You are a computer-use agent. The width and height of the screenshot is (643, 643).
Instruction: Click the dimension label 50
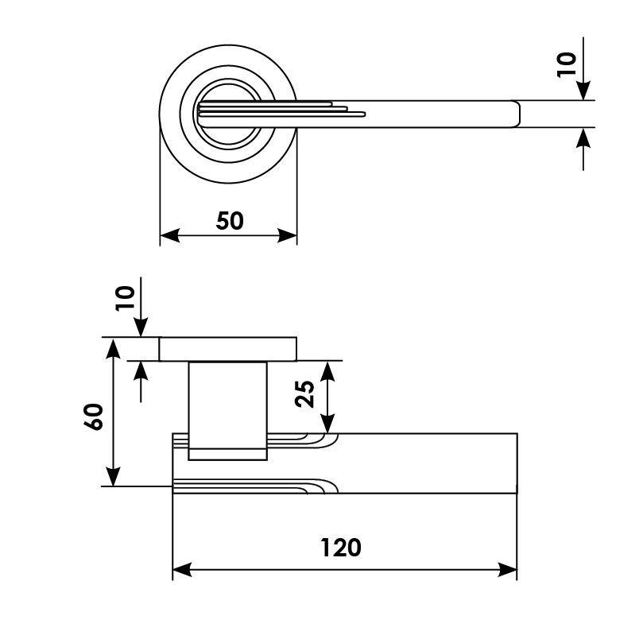tap(230, 221)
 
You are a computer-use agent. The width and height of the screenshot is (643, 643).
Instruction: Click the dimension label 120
tap(340, 548)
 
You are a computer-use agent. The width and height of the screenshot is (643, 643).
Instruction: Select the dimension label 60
tap(94, 416)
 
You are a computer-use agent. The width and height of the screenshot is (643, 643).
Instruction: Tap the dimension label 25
tap(304, 394)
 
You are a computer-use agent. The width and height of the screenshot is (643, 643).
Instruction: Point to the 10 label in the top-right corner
tap(567, 64)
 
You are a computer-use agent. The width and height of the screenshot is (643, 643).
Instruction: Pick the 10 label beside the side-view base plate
tap(125, 298)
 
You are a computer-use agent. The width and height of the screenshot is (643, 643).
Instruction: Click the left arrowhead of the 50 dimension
tap(170, 235)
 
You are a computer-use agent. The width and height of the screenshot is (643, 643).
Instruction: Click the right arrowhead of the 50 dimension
tap(287, 235)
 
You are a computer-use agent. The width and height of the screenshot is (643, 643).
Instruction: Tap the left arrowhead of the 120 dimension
tap(183, 570)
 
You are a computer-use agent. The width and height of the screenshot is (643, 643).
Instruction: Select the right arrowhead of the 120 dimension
tap(507, 570)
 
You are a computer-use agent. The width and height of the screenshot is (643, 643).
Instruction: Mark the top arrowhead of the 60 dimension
tap(113, 348)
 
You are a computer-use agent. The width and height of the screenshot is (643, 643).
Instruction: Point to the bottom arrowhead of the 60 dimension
tap(113, 476)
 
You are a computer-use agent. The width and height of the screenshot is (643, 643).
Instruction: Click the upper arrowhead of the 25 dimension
tap(327, 371)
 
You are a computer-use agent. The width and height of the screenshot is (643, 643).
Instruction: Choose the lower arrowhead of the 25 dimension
tap(327, 423)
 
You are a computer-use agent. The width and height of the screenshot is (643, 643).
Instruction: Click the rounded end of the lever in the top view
tap(516, 114)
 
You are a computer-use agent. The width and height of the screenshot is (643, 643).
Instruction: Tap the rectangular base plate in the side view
tap(227, 349)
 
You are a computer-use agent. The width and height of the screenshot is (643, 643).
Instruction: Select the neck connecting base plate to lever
tap(227, 410)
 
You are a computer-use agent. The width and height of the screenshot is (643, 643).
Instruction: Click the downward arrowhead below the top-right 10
tap(583, 91)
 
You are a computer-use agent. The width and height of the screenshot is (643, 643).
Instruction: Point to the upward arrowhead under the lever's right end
tap(583, 138)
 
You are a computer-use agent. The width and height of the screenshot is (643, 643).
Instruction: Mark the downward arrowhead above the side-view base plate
tap(141, 327)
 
